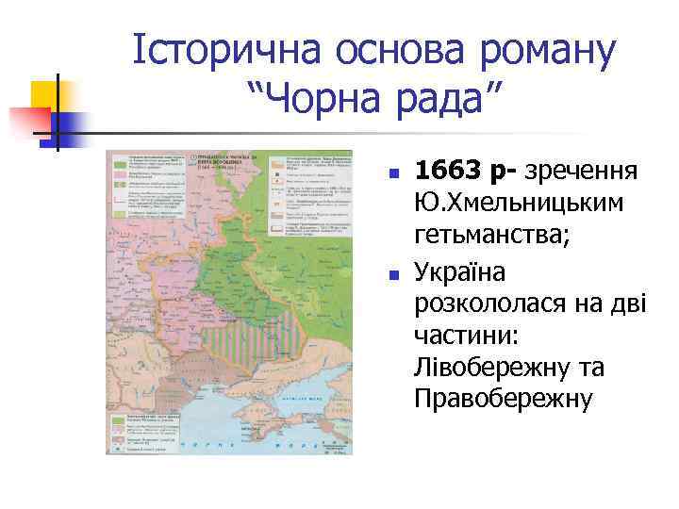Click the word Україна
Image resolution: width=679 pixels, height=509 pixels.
pyautogui.click(x=459, y=271)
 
